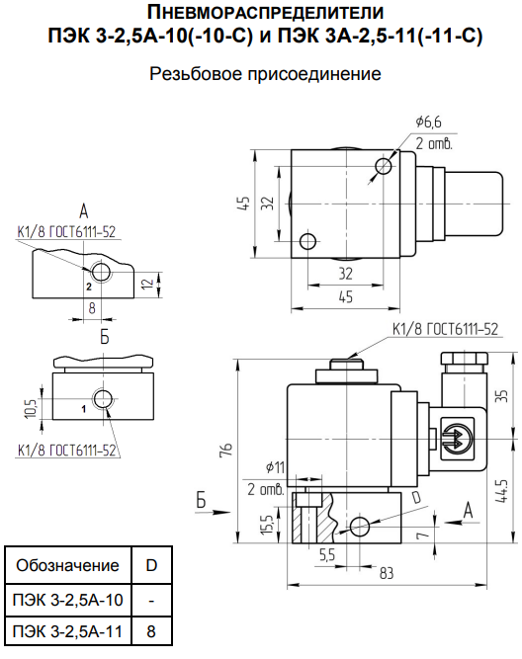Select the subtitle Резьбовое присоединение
pyautogui.click(x=264, y=74)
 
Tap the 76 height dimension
pyautogui.click(x=225, y=450)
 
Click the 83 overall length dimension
pyautogui.click(x=386, y=572)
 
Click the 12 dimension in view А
pyautogui.click(x=146, y=285)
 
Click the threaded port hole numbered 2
pyautogui.click(x=101, y=271)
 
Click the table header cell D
pyautogui.click(x=151, y=566)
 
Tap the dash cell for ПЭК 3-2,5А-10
pyautogui.click(x=151, y=599)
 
